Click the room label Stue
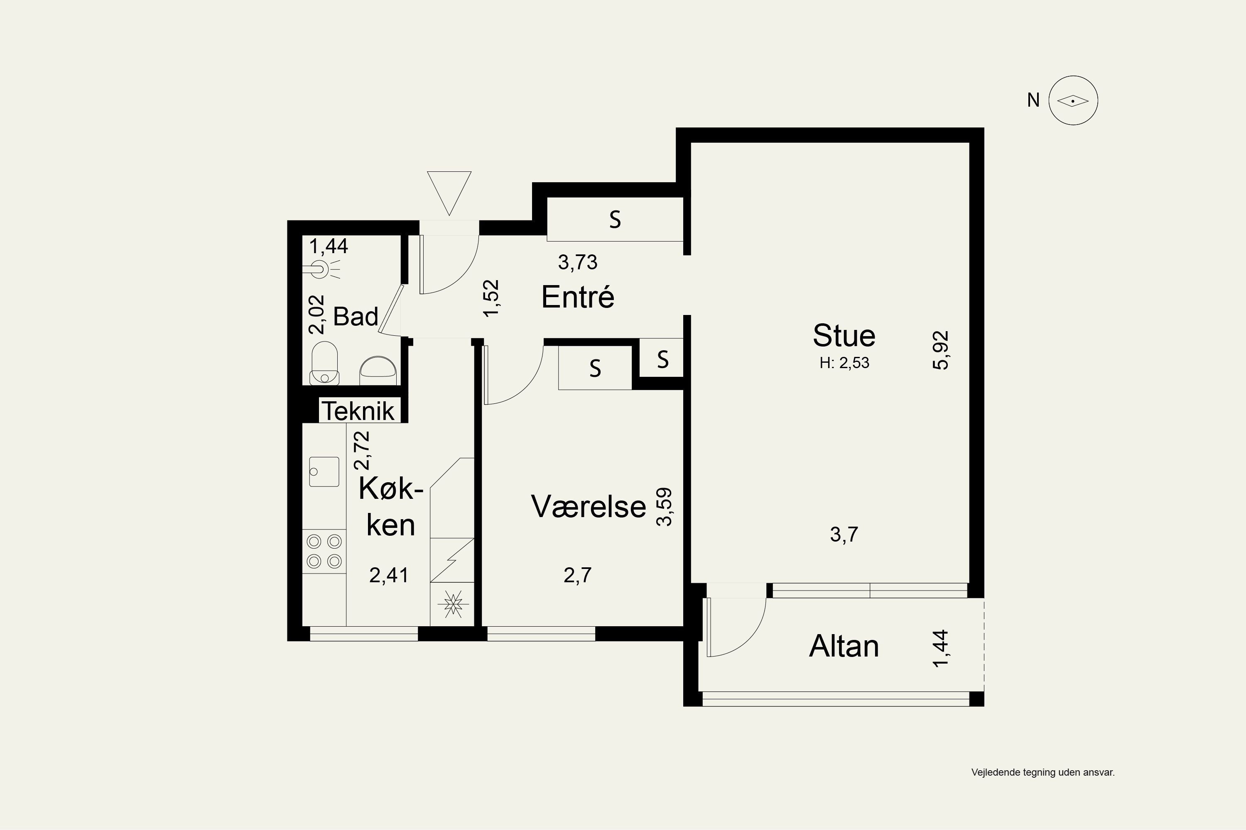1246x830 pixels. pyautogui.click(x=844, y=336)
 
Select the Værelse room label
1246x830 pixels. pyautogui.click(x=589, y=507)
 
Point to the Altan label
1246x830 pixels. pyautogui.click(x=844, y=646)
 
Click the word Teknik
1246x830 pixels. pyautogui.click(x=358, y=411)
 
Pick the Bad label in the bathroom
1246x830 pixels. pyautogui.click(x=356, y=317)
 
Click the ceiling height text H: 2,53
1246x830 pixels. pyautogui.click(x=844, y=363)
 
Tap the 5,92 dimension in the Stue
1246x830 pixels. pyautogui.click(x=941, y=350)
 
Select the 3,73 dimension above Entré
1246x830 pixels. pyautogui.click(x=577, y=262)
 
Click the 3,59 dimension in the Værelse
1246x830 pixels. pyautogui.click(x=664, y=507)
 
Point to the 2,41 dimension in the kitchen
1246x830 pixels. pyautogui.click(x=389, y=575)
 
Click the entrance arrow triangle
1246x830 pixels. pyautogui.click(x=449, y=193)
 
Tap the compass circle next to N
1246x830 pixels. pyautogui.click(x=1073, y=100)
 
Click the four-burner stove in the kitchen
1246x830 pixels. pyautogui.click(x=324, y=551)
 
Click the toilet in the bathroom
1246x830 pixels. pyautogui.click(x=324, y=363)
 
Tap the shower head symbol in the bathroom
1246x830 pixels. pyautogui.click(x=321, y=269)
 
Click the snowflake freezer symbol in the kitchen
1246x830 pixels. pyautogui.click(x=453, y=604)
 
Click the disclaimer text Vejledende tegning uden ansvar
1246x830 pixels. pyautogui.click(x=1043, y=772)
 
